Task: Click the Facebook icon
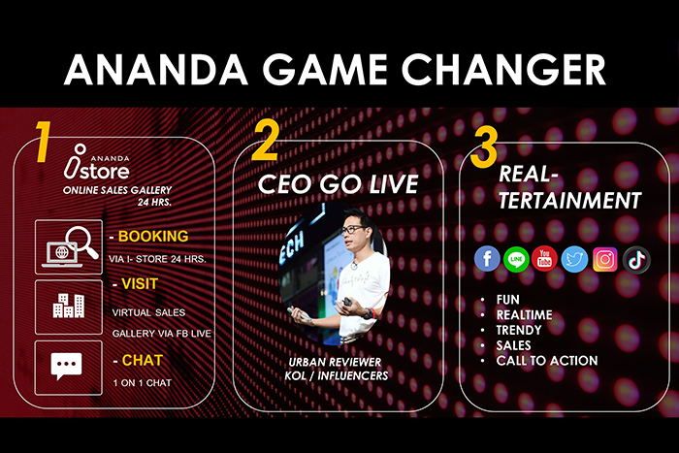click(x=487, y=259)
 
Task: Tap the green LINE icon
click(x=516, y=259)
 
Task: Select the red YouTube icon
click(x=545, y=259)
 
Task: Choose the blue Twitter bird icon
click(x=574, y=259)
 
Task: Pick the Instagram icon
click(x=605, y=259)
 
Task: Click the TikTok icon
click(x=636, y=260)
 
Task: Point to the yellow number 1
click(x=44, y=142)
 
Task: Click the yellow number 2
click(x=265, y=140)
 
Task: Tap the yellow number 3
click(x=484, y=147)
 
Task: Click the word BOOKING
click(x=153, y=236)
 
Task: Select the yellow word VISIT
click(x=140, y=283)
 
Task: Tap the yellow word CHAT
click(x=143, y=360)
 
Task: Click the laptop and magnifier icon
click(x=69, y=247)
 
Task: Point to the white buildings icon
click(x=69, y=306)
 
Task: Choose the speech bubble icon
click(x=66, y=366)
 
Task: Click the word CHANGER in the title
click(x=504, y=69)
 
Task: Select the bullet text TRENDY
click(x=519, y=330)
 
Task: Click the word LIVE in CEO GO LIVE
click(x=393, y=183)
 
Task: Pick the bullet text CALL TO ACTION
click(x=547, y=360)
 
